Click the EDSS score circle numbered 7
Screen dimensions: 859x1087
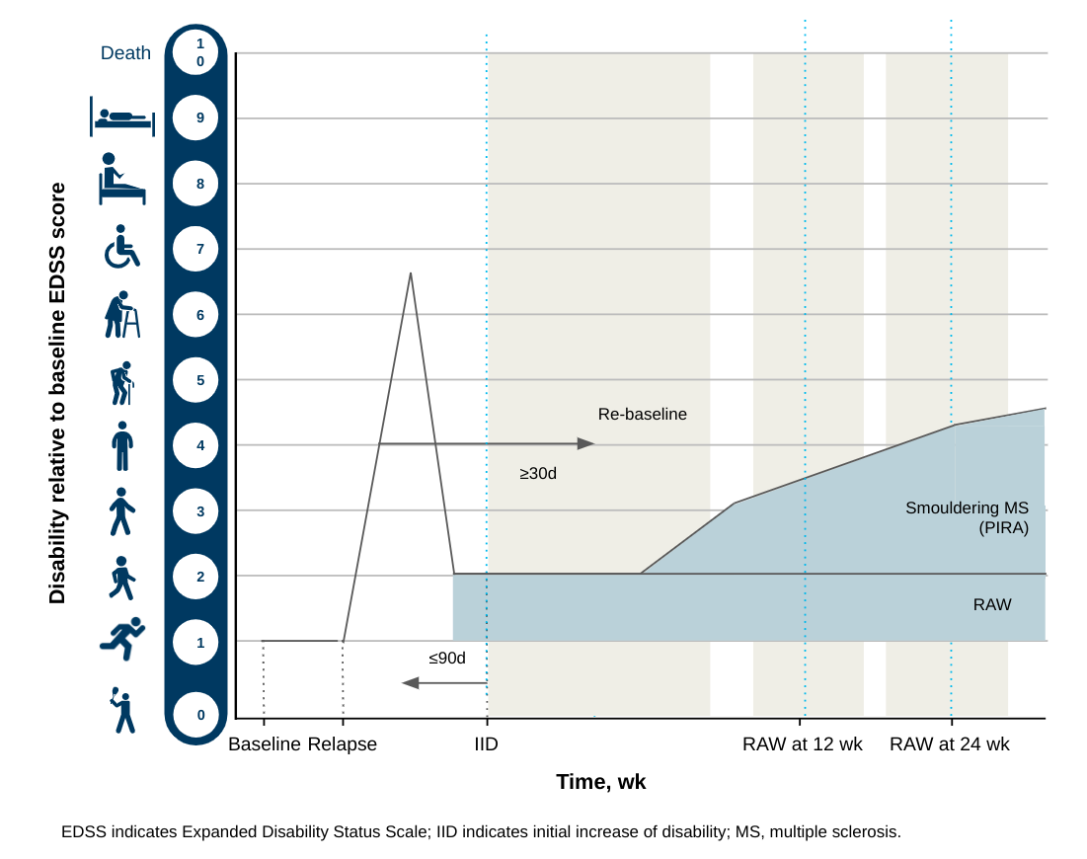coord(199,249)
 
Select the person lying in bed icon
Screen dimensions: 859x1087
coord(122,117)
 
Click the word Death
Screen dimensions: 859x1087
coord(125,53)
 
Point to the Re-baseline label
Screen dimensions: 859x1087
coord(642,415)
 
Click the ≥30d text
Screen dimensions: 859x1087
coord(538,474)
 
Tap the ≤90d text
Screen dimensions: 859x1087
coord(446,658)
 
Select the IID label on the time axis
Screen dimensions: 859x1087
coord(486,744)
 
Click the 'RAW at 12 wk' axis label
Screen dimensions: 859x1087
coord(802,744)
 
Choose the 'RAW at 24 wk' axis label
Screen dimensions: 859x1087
coord(949,744)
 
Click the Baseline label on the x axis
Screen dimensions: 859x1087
coord(264,744)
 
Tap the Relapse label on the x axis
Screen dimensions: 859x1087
coord(343,744)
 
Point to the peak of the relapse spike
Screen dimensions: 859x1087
coord(410,273)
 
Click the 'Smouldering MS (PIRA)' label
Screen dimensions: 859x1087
coord(967,517)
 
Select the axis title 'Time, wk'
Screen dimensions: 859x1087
coord(600,782)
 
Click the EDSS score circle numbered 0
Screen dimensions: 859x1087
coord(199,714)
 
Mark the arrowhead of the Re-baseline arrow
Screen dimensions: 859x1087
coord(586,444)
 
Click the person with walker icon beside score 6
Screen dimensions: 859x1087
coord(122,315)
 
